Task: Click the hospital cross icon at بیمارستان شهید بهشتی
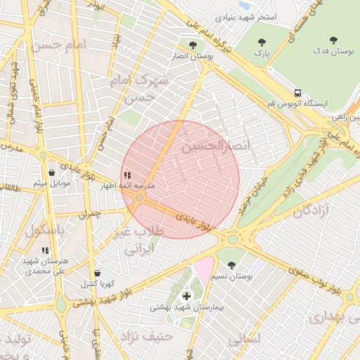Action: (186, 296)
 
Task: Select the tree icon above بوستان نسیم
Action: (231, 265)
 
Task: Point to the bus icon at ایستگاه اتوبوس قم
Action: (298, 92)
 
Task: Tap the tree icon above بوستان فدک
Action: (333, 41)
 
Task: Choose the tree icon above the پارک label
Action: (262, 42)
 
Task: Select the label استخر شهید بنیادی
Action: (245, 15)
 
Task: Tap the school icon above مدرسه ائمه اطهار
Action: (127, 174)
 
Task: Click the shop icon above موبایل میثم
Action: (52, 172)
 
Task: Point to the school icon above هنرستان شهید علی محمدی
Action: (45, 250)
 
